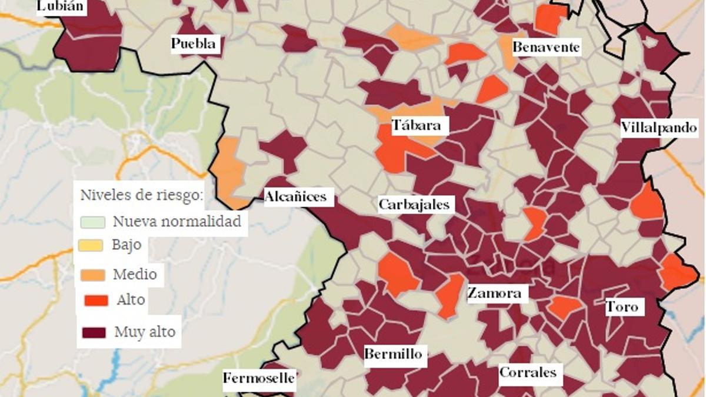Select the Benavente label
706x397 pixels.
[546, 47]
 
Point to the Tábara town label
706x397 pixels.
[416, 125]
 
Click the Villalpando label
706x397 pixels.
[660, 128]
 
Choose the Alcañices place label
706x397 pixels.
[295, 196]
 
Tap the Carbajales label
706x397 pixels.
[414, 205]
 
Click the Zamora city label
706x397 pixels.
[494, 293]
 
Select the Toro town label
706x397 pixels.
[621, 306]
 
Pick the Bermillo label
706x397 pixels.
[393, 354]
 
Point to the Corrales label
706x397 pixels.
[528, 372]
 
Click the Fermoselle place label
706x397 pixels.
[258, 378]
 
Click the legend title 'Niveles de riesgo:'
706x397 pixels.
[142, 195]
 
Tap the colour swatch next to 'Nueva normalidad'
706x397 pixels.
[92, 222]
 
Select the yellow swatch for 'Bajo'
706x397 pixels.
[91, 245]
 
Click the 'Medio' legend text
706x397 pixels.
[135, 274]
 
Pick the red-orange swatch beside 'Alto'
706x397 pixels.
[96, 301]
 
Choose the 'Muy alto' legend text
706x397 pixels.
[145, 332]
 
